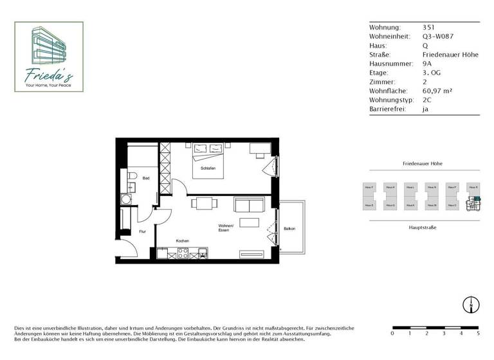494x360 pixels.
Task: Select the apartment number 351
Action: coord(428,28)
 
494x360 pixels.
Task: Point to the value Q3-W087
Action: coord(435,37)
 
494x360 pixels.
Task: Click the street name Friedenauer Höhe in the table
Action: coord(450,55)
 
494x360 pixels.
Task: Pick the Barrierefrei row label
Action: coord(387,109)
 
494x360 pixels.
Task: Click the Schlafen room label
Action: coord(207,168)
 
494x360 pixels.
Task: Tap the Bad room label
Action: coord(146,178)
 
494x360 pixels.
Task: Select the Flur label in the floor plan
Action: coord(142,231)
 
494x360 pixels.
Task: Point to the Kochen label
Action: coord(182,240)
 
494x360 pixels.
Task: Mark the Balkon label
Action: coord(289,228)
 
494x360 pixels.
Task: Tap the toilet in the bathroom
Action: coord(131,175)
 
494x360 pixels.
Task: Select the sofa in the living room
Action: coord(249,205)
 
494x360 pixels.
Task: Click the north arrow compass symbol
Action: coord(471,304)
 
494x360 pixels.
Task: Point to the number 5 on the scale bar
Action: coord(477,334)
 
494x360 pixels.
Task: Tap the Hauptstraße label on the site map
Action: coord(422,228)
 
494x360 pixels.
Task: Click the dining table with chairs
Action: coord(203,204)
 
